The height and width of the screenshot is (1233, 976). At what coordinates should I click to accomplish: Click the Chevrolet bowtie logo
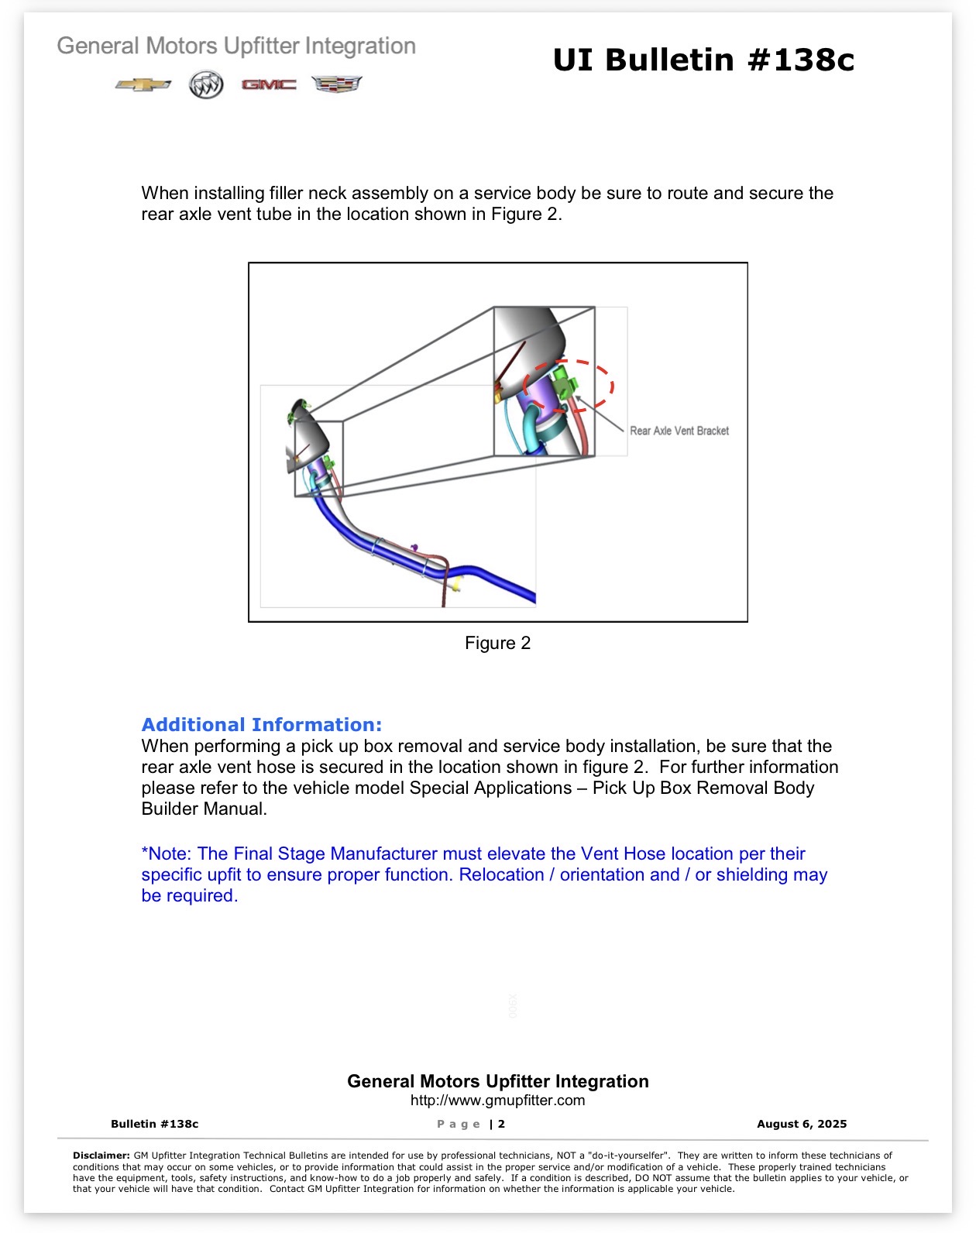point(143,84)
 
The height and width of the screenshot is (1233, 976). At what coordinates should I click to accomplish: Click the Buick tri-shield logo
point(206,84)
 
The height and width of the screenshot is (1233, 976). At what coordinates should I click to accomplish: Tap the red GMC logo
point(269,84)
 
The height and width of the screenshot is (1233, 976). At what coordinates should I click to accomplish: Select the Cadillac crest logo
point(336,84)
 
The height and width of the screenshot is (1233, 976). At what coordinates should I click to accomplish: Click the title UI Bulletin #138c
point(703,60)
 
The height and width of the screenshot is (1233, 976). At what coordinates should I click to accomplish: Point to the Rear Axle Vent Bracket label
point(679,431)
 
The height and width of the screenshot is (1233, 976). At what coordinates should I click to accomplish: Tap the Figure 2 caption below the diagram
point(497,642)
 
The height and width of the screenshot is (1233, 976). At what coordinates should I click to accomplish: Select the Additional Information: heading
point(261,724)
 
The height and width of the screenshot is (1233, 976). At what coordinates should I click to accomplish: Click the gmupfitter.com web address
point(497,1100)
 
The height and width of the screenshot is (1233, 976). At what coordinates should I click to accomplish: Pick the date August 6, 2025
point(801,1124)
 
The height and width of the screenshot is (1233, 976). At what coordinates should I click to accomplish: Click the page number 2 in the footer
point(501,1124)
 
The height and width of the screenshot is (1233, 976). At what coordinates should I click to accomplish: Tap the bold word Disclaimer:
point(101,1155)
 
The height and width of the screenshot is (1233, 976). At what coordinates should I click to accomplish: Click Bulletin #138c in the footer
point(155,1124)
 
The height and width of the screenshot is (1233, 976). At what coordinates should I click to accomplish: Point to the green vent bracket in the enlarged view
point(564,383)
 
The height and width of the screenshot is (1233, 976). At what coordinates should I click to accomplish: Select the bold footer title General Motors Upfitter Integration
point(497,1080)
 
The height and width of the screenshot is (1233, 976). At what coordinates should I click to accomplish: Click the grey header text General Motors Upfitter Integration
point(236,46)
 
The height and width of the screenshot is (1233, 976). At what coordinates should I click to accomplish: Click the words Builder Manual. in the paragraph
point(204,809)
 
